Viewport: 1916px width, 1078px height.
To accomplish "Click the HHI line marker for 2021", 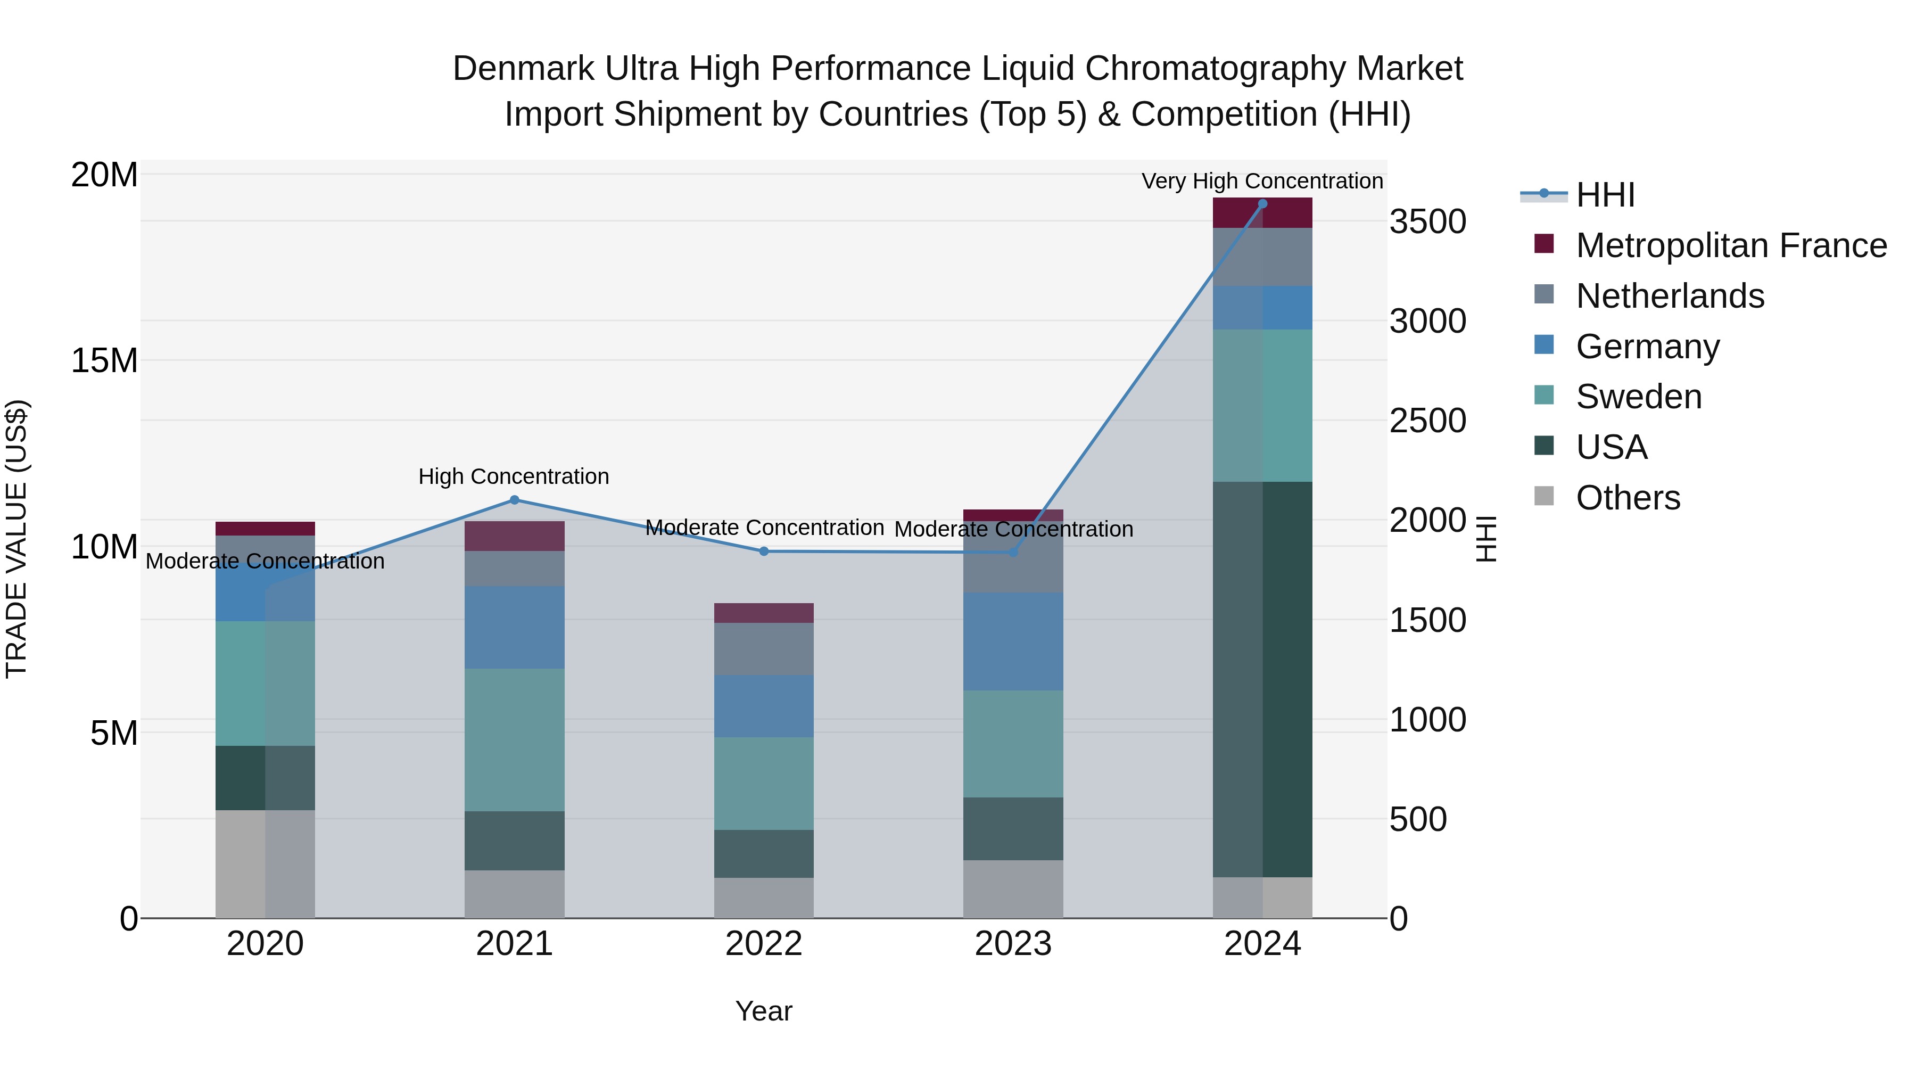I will tap(514, 500).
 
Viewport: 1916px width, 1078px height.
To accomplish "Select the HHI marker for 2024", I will tap(1262, 204).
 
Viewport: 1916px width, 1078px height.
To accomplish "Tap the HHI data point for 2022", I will tap(764, 552).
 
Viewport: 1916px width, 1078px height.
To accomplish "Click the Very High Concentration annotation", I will tap(1262, 181).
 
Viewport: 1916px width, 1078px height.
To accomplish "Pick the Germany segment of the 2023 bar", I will tap(1013, 641).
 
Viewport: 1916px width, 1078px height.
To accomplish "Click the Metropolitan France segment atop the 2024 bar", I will tap(1262, 213).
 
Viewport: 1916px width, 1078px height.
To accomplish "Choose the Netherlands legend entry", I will tap(1670, 296).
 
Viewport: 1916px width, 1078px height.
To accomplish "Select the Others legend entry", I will tap(1628, 498).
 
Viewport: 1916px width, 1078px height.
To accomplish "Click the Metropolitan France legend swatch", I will tap(1544, 244).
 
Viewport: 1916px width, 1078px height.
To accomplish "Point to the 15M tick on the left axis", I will tap(104, 361).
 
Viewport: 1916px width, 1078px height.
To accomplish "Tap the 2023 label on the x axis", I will tap(1013, 944).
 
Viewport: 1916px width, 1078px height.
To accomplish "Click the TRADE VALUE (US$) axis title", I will tap(16, 539).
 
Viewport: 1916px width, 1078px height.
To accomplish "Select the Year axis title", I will tap(764, 1011).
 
